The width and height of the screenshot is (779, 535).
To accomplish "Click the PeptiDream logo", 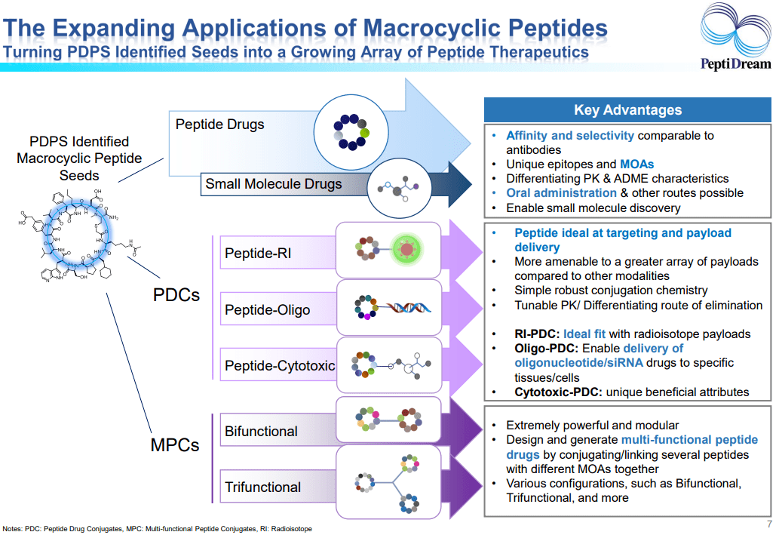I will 735,37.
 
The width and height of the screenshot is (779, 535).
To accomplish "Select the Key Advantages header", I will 627,110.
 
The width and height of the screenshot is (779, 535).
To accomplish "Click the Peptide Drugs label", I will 219,124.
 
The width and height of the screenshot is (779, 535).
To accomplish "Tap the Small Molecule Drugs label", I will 273,183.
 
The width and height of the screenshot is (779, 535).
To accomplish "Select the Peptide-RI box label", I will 258,254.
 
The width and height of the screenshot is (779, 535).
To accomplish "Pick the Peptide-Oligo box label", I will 267,310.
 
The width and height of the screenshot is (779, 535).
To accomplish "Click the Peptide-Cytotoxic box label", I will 280,366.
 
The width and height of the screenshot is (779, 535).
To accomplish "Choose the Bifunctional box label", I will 261,432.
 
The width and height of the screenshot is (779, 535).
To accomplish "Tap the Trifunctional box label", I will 262,487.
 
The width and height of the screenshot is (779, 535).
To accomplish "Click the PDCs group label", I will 176,294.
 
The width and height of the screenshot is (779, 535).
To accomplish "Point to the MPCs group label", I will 175,445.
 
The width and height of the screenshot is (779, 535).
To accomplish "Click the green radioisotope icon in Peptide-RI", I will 407,248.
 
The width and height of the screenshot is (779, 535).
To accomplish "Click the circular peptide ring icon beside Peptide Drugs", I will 352,131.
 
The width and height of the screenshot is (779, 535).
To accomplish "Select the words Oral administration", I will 561,193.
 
